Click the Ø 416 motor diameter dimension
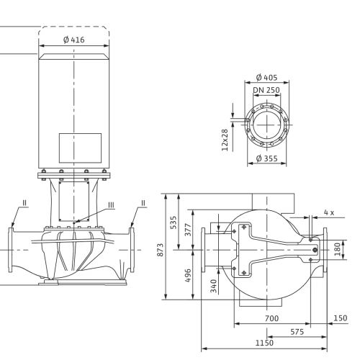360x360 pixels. [74, 40]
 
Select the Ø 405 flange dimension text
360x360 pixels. [266, 78]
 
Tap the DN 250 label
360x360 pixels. [266, 90]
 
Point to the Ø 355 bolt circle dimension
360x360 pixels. [266, 158]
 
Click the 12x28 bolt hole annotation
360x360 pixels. [225, 140]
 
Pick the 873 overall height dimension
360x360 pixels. [160, 250]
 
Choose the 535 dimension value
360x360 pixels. [174, 222]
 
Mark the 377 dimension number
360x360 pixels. [188, 230]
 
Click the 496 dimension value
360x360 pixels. [188, 276]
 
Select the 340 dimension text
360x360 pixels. [213, 286]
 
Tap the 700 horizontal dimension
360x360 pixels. [271, 318]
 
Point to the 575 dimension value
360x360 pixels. [297, 332]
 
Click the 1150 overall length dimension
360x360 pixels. [264, 343]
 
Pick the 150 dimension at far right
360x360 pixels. [341, 318]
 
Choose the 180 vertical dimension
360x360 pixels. [338, 249]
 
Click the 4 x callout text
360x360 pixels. [329, 212]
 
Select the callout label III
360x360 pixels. [111, 205]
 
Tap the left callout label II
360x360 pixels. [24, 203]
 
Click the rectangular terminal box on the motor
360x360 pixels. [80, 148]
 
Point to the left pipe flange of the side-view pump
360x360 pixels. [11, 250]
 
